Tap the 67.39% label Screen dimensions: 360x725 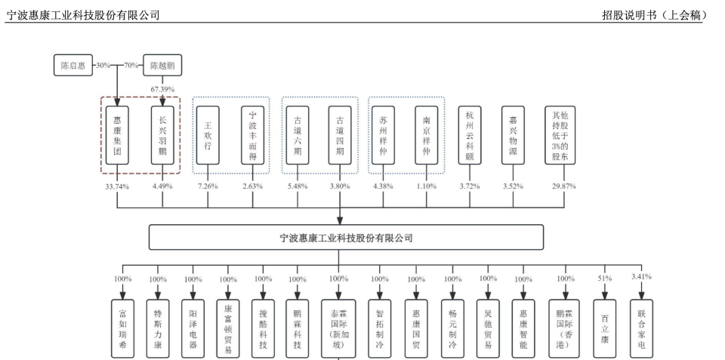pos(162,89)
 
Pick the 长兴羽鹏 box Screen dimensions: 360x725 pos(162,135)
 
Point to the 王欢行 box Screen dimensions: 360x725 pos(208,135)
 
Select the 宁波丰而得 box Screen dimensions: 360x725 pos(252,135)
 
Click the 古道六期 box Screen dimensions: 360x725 pos(297,135)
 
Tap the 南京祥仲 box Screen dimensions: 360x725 pos(426,135)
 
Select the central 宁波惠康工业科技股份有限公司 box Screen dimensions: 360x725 pos(346,237)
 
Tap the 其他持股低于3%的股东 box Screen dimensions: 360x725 pos(560,135)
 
